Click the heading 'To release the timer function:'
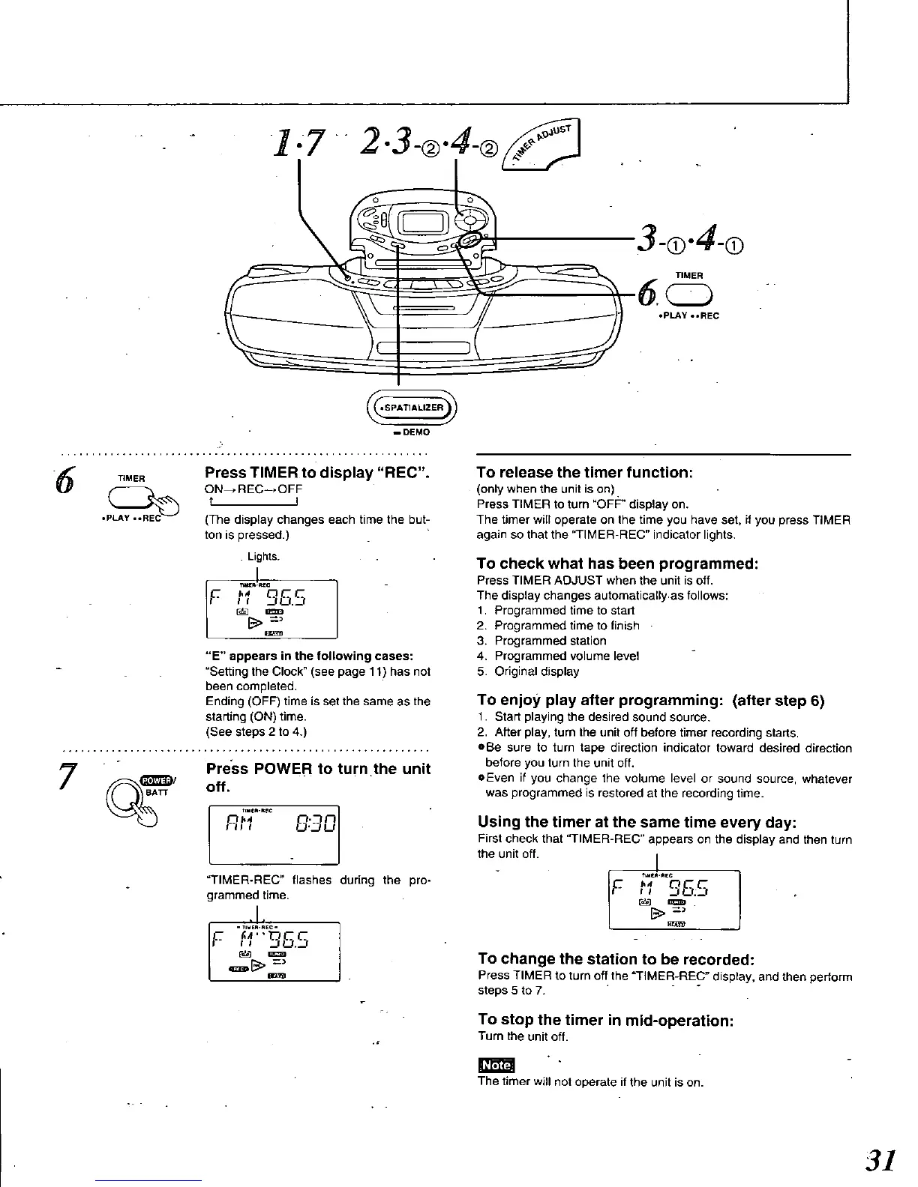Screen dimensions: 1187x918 click(584, 472)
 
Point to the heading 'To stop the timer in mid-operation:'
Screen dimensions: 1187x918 click(605, 1020)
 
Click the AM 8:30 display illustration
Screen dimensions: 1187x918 click(274, 833)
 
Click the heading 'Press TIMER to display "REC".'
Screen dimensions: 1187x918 click(316, 473)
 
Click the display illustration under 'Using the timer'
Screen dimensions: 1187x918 click(674, 898)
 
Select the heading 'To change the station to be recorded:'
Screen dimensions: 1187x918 click(616, 958)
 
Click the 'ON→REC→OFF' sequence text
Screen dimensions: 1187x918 click(253, 490)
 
